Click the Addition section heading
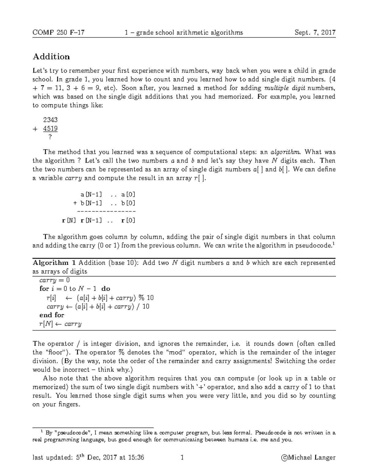pyautogui.click(x=51, y=57)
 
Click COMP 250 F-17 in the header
pyautogui.click(x=58, y=32)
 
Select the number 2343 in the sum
pyautogui.click(x=50, y=120)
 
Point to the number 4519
pyautogui.click(x=50, y=128)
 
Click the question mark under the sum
pyautogui.click(x=50, y=137)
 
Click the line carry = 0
pyautogui.click(x=55, y=280)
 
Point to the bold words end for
pyautogui.click(x=52, y=315)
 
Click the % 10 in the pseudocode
pyautogui.click(x=146, y=298)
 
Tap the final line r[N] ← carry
pyautogui.click(x=60, y=324)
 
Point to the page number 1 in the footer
pyautogui.click(x=182, y=458)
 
